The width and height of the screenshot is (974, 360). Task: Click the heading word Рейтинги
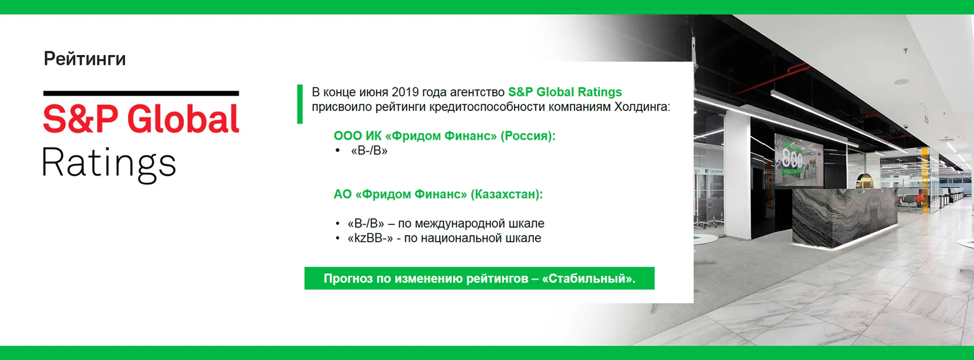pos(85,59)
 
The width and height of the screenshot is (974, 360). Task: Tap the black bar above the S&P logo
pos(141,93)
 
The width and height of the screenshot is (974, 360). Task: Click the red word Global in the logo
pos(183,119)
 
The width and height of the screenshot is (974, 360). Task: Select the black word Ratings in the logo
pos(109,164)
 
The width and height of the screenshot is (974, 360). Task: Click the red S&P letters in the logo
pos(81,119)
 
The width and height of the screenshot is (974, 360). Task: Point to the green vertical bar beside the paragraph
pos(300,104)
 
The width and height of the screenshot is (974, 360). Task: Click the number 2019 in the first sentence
pos(405,92)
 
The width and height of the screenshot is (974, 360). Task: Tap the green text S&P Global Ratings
pos(565,92)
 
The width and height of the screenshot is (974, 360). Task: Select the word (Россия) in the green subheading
pos(528,136)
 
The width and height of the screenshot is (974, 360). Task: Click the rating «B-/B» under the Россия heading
pos(369,151)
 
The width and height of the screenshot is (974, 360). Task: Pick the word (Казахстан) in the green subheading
pos(506,194)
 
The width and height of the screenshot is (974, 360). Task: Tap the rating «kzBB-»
pos(370,238)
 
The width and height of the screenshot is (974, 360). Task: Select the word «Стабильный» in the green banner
pos(588,279)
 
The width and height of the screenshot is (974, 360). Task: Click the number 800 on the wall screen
pos(792,158)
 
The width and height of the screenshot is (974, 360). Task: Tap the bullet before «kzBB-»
pos(337,238)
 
